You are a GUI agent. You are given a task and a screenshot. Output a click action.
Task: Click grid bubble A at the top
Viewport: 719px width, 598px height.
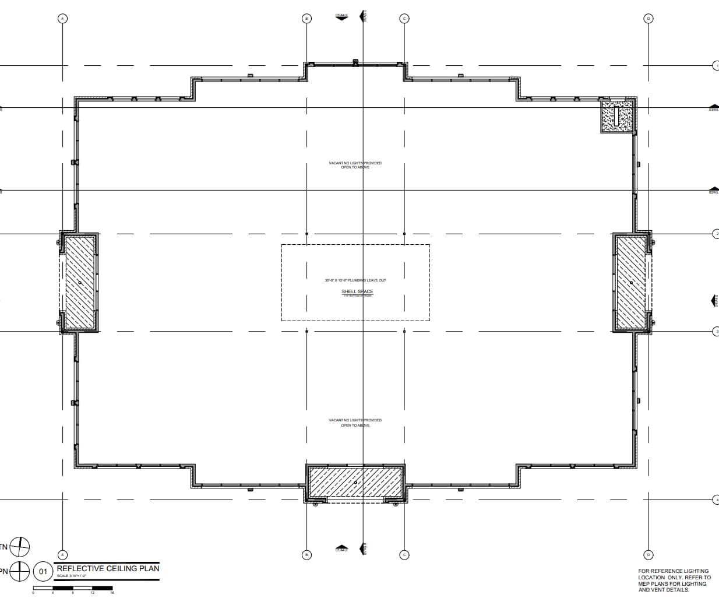pos(63,19)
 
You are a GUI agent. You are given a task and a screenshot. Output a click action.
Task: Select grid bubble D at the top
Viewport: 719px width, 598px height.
pos(648,19)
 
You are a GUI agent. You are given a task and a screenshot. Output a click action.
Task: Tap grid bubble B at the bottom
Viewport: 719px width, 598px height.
pos(307,555)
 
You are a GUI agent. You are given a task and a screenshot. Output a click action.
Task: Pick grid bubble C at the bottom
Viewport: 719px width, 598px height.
pos(404,555)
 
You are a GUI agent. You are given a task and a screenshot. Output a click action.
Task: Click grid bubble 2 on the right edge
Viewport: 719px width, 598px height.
pos(716,234)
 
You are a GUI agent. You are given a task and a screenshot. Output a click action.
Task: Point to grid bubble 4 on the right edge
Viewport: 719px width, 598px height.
pos(716,499)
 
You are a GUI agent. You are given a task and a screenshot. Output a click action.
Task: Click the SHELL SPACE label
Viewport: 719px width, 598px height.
pos(357,291)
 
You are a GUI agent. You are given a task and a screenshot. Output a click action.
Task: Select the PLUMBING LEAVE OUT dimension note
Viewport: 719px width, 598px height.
pos(355,280)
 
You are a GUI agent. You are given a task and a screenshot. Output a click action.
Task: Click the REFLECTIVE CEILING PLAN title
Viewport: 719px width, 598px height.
pos(108,568)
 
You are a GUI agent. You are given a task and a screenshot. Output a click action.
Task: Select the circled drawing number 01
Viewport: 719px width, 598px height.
pos(43,571)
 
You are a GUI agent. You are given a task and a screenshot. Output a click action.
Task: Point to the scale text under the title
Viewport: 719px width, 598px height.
pos(72,576)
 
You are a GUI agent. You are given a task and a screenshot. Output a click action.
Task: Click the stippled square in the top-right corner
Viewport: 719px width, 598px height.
pos(616,116)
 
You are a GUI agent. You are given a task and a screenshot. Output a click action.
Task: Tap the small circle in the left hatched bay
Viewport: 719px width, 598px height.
pos(80,283)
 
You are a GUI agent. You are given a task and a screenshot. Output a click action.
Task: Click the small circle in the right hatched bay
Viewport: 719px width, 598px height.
pos(631,283)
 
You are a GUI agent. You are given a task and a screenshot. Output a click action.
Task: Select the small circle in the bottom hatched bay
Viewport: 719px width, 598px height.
pos(355,483)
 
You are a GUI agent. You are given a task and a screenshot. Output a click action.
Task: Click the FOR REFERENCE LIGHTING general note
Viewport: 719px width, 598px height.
pos(674,580)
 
